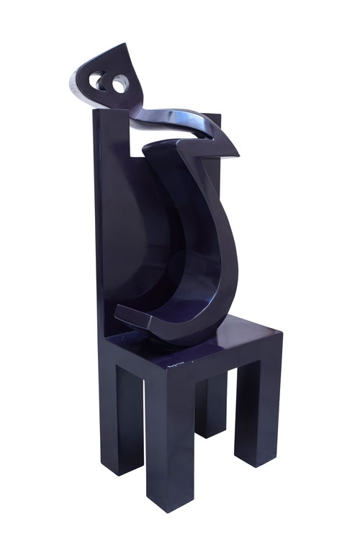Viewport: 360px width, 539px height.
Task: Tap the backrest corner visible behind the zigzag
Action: (x=218, y=117)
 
